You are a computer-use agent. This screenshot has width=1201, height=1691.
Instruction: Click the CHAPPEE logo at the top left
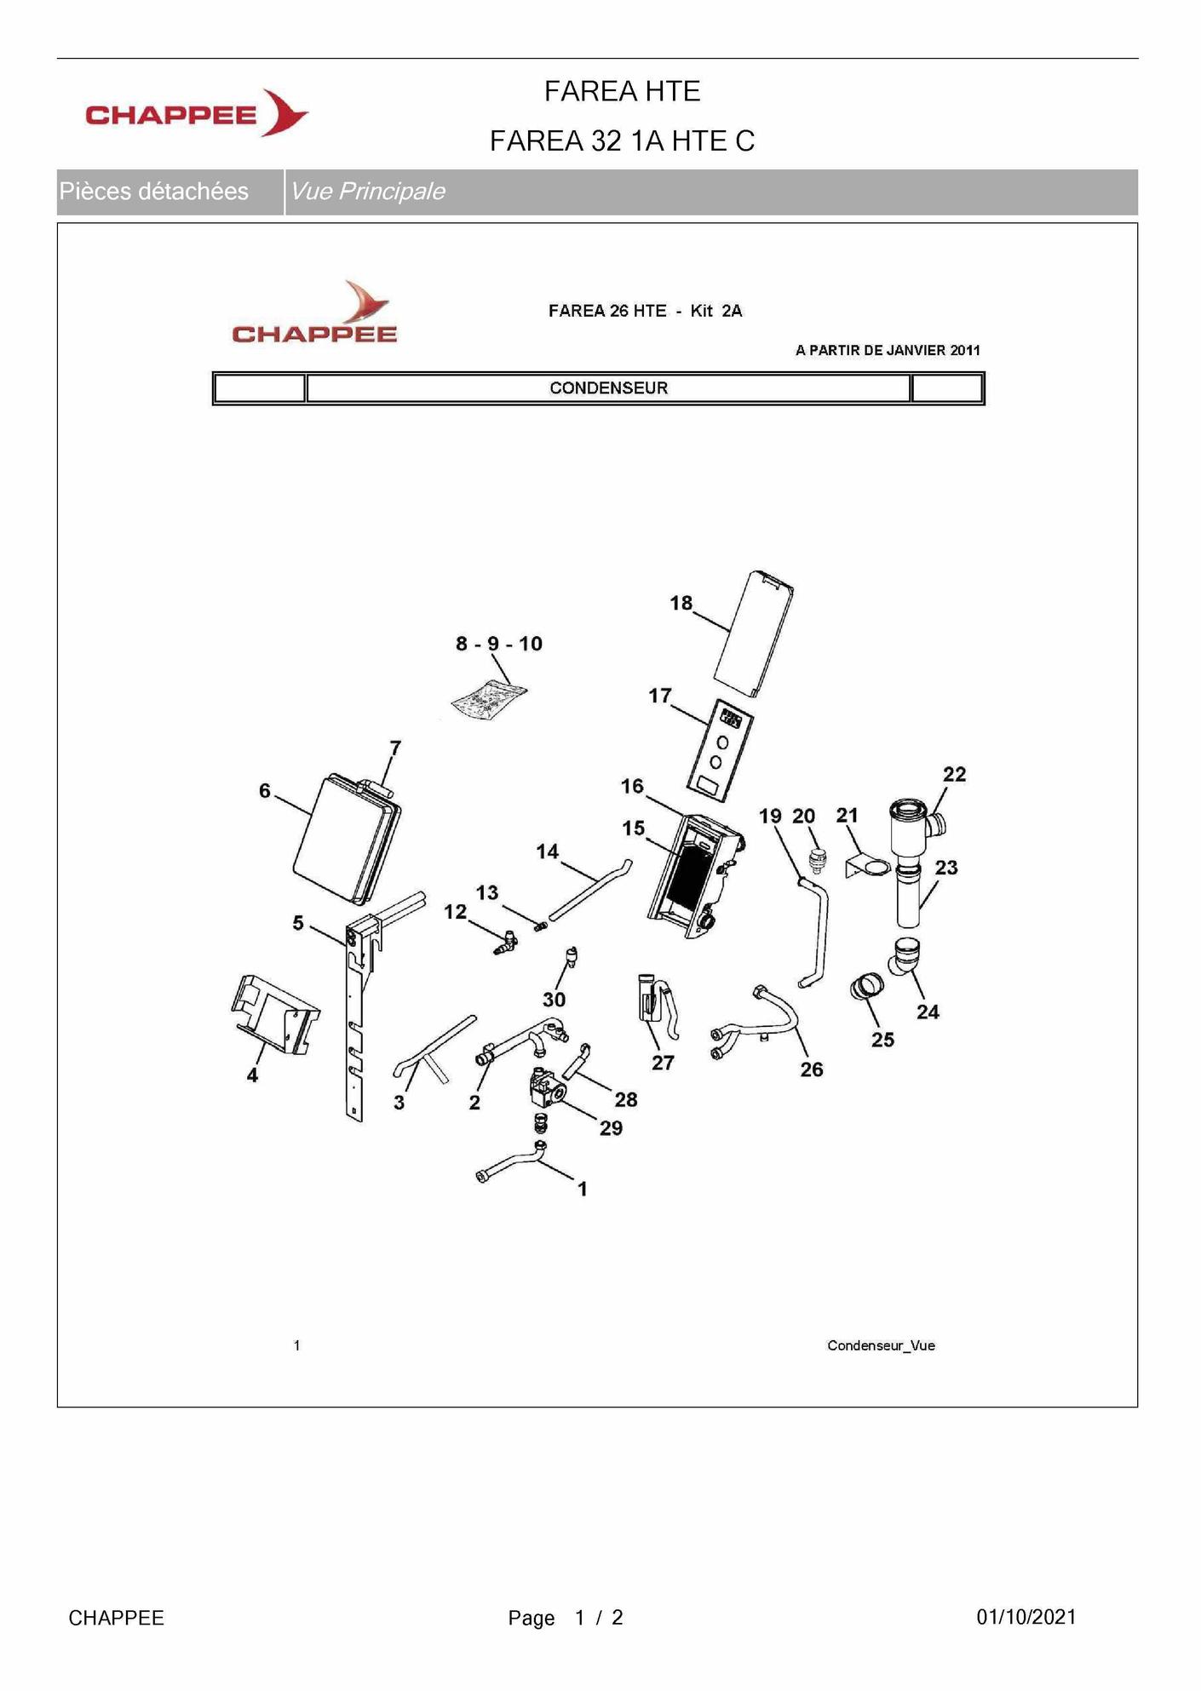[197, 113]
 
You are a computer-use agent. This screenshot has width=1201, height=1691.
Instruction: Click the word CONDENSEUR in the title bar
[608, 388]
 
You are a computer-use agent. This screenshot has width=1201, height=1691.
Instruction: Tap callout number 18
[681, 603]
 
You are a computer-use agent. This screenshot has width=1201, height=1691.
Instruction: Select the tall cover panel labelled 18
[754, 633]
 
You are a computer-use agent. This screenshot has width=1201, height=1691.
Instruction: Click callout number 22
[954, 774]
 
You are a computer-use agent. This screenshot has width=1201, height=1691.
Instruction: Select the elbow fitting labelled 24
[904, 955]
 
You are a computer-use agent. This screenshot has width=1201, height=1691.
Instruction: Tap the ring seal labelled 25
[866, 988]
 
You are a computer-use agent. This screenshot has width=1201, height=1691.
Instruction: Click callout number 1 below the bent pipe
[583, 1189]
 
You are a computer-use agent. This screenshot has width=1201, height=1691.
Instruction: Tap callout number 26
[812, 1069]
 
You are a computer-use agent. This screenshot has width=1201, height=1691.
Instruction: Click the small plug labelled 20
[818, 861]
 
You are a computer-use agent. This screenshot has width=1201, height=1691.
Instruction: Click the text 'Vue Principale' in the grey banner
[368, 192]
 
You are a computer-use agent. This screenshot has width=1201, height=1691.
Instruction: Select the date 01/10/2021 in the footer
[1026, 1617]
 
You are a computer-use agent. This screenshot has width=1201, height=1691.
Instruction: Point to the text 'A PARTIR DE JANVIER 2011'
[888, 350]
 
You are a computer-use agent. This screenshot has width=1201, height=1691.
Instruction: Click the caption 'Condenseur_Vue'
[881, 1345]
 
